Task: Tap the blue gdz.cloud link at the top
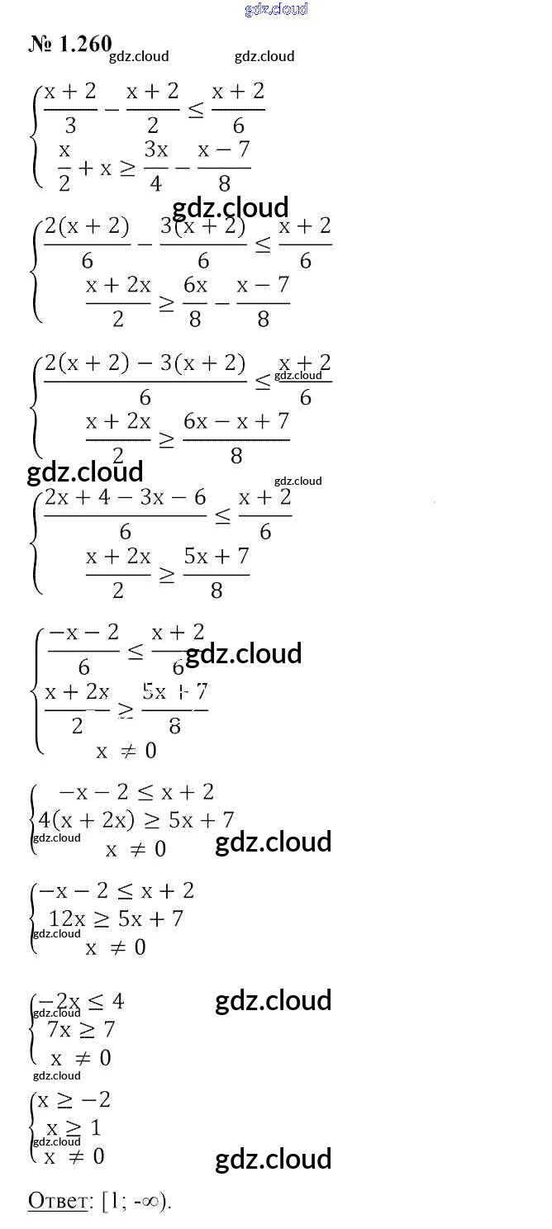pyautogui.click(x=276, y=9)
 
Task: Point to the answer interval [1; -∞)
pyautogui.click(x=136, y=1201)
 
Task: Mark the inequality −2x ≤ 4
pyautogui.click(x=81, y=1002)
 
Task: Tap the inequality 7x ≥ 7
pyautogui.click(x=81, y=1029)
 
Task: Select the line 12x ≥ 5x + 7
pyautogui.click(x=116, y=918)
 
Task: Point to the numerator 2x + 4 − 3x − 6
pyautogui.click(x=125, y=498)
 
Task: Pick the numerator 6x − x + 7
pyautogui.click(x=236, y=421)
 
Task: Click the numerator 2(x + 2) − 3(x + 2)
pyautogui.click(x=145, y=363)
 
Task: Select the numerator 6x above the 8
pyautogui.click(x=195, y=285)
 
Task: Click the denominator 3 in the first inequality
pyautogui.click(x=70, y=125)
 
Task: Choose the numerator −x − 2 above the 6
pyautogui.click(x=83, y=633)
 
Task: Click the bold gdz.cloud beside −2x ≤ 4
pyautogui.click(x=273, y=1000)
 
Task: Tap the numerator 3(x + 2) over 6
pyautogui.click(x=203, y=226)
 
